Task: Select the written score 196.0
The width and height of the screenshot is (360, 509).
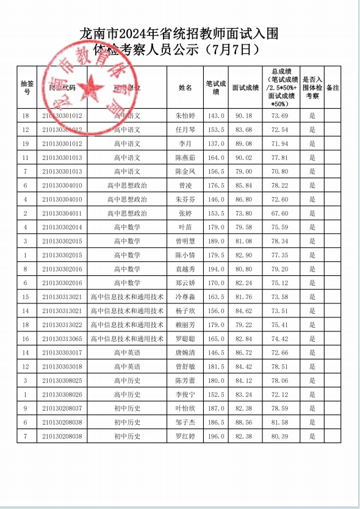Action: point(217,436)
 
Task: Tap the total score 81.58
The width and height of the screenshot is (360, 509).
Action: point(280,422)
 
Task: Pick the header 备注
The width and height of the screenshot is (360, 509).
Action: point(333,88)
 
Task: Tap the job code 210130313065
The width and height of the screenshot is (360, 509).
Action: point(62,339)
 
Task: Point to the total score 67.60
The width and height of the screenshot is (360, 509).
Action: point(280,214)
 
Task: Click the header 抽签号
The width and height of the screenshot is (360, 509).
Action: point(26,88)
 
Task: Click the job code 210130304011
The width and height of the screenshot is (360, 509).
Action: point(62,214)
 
